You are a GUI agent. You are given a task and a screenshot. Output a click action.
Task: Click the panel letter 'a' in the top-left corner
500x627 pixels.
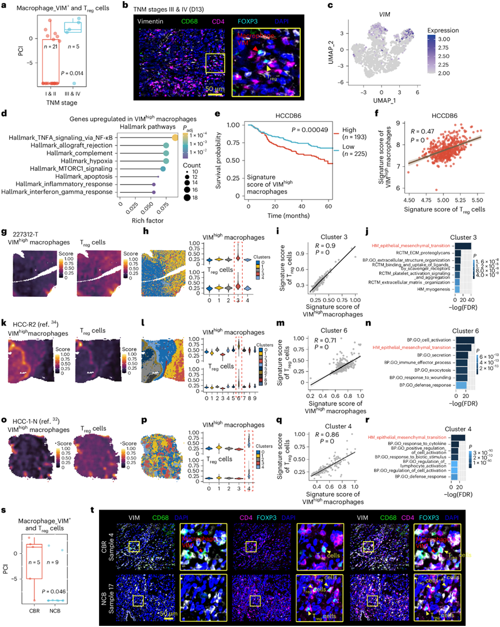(6, 6)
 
